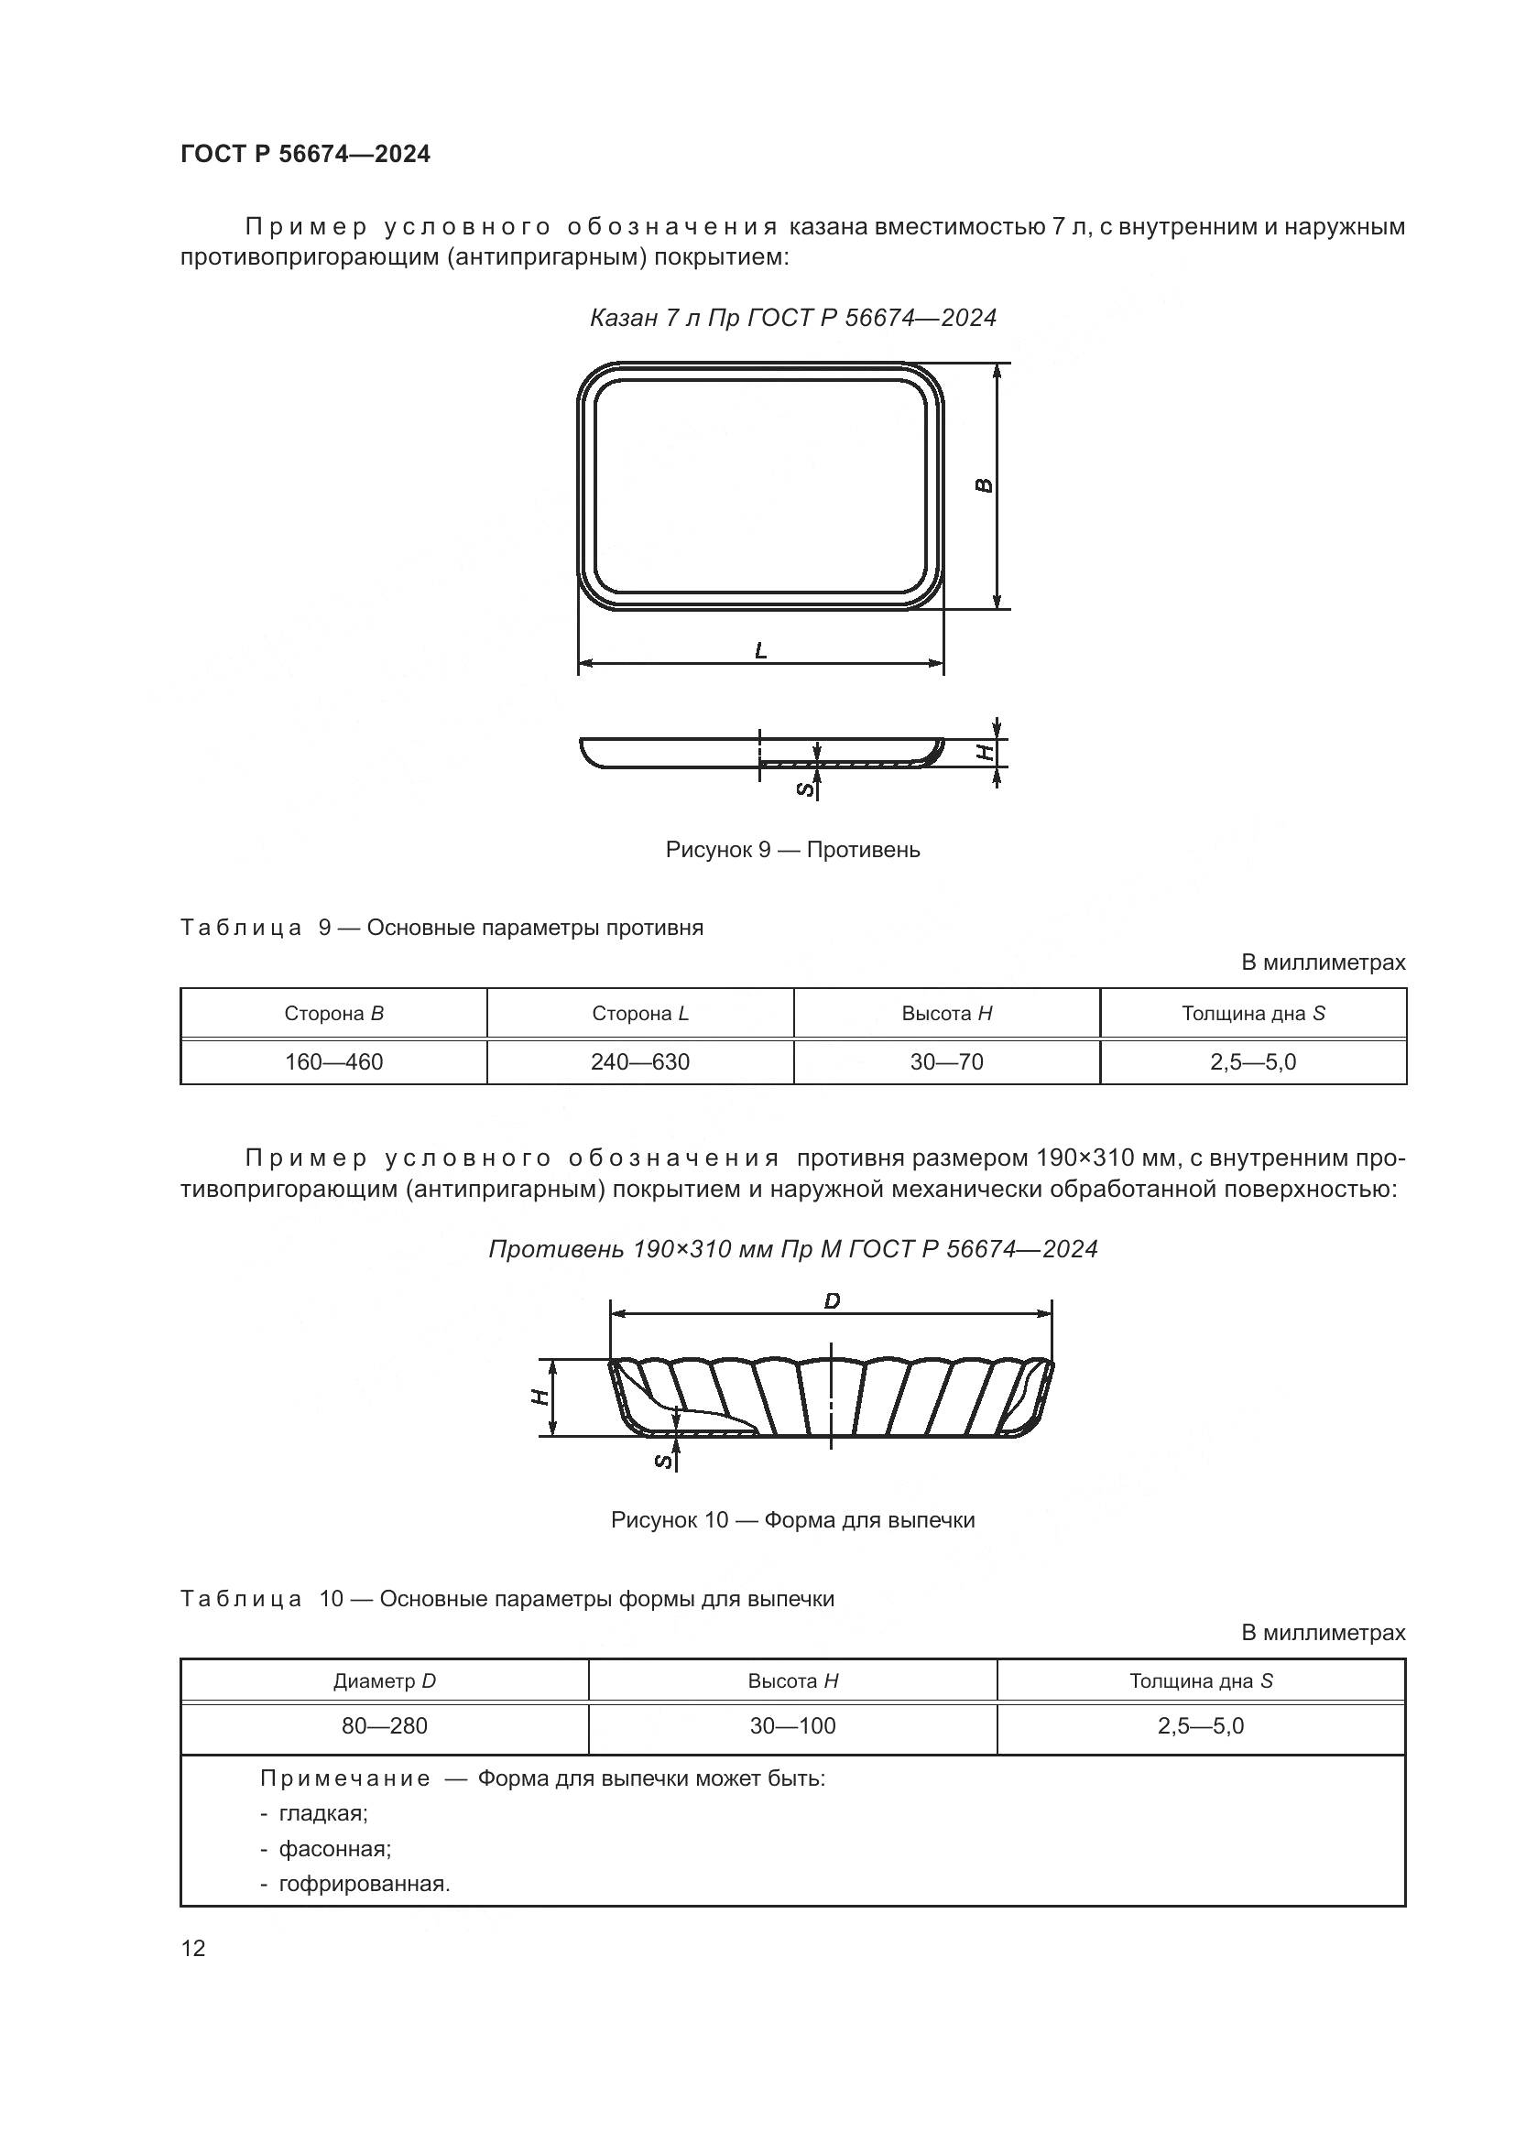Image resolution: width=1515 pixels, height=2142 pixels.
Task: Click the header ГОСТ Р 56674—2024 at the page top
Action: coord(305,155)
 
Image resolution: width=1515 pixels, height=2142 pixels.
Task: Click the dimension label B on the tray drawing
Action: coord(983,485)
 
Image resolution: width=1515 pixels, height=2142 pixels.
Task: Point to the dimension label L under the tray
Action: coord(761,650)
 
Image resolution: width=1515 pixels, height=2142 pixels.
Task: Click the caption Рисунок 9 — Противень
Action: coord(792,850)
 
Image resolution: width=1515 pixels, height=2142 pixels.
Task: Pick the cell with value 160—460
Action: coord(333,1061)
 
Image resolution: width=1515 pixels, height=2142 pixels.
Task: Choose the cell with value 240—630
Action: coord(640,1061)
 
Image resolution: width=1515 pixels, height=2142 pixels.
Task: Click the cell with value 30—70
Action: coord(946,1061)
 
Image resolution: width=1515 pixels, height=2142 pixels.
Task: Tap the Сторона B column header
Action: coord(333,1013)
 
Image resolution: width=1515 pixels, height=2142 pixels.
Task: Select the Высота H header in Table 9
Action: coord(946,1013)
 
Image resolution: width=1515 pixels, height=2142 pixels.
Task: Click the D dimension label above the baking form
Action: coord(832,1300)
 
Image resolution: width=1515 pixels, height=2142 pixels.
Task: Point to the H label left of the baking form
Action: coord(540,1397)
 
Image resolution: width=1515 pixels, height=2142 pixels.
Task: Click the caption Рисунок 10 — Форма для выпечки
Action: coord(792,1520)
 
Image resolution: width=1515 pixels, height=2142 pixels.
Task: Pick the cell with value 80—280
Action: coord(385,1726)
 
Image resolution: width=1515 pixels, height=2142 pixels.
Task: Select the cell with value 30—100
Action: coord(792,1726)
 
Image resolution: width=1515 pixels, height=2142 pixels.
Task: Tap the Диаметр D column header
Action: coord(385,1681)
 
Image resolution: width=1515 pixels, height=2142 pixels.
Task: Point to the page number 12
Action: coord(193,1948)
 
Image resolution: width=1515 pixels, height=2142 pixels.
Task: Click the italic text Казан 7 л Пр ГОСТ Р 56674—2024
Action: coord(792,318)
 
